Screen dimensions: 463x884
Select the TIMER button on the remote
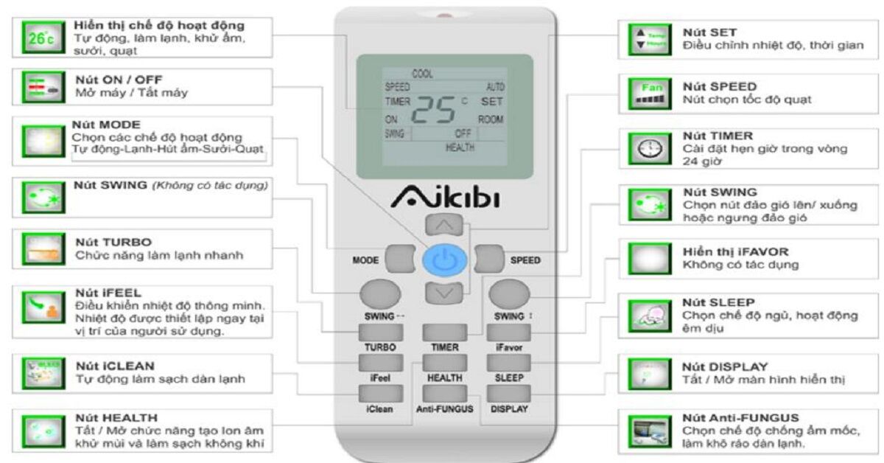(445, 331)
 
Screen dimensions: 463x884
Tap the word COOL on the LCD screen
(422, 74)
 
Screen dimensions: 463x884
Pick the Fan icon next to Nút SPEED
(640, 93)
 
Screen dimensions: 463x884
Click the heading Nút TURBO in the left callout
(113, 242)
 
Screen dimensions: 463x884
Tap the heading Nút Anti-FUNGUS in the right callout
(740, 417)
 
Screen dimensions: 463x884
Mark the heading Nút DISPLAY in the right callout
(725, 366)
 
